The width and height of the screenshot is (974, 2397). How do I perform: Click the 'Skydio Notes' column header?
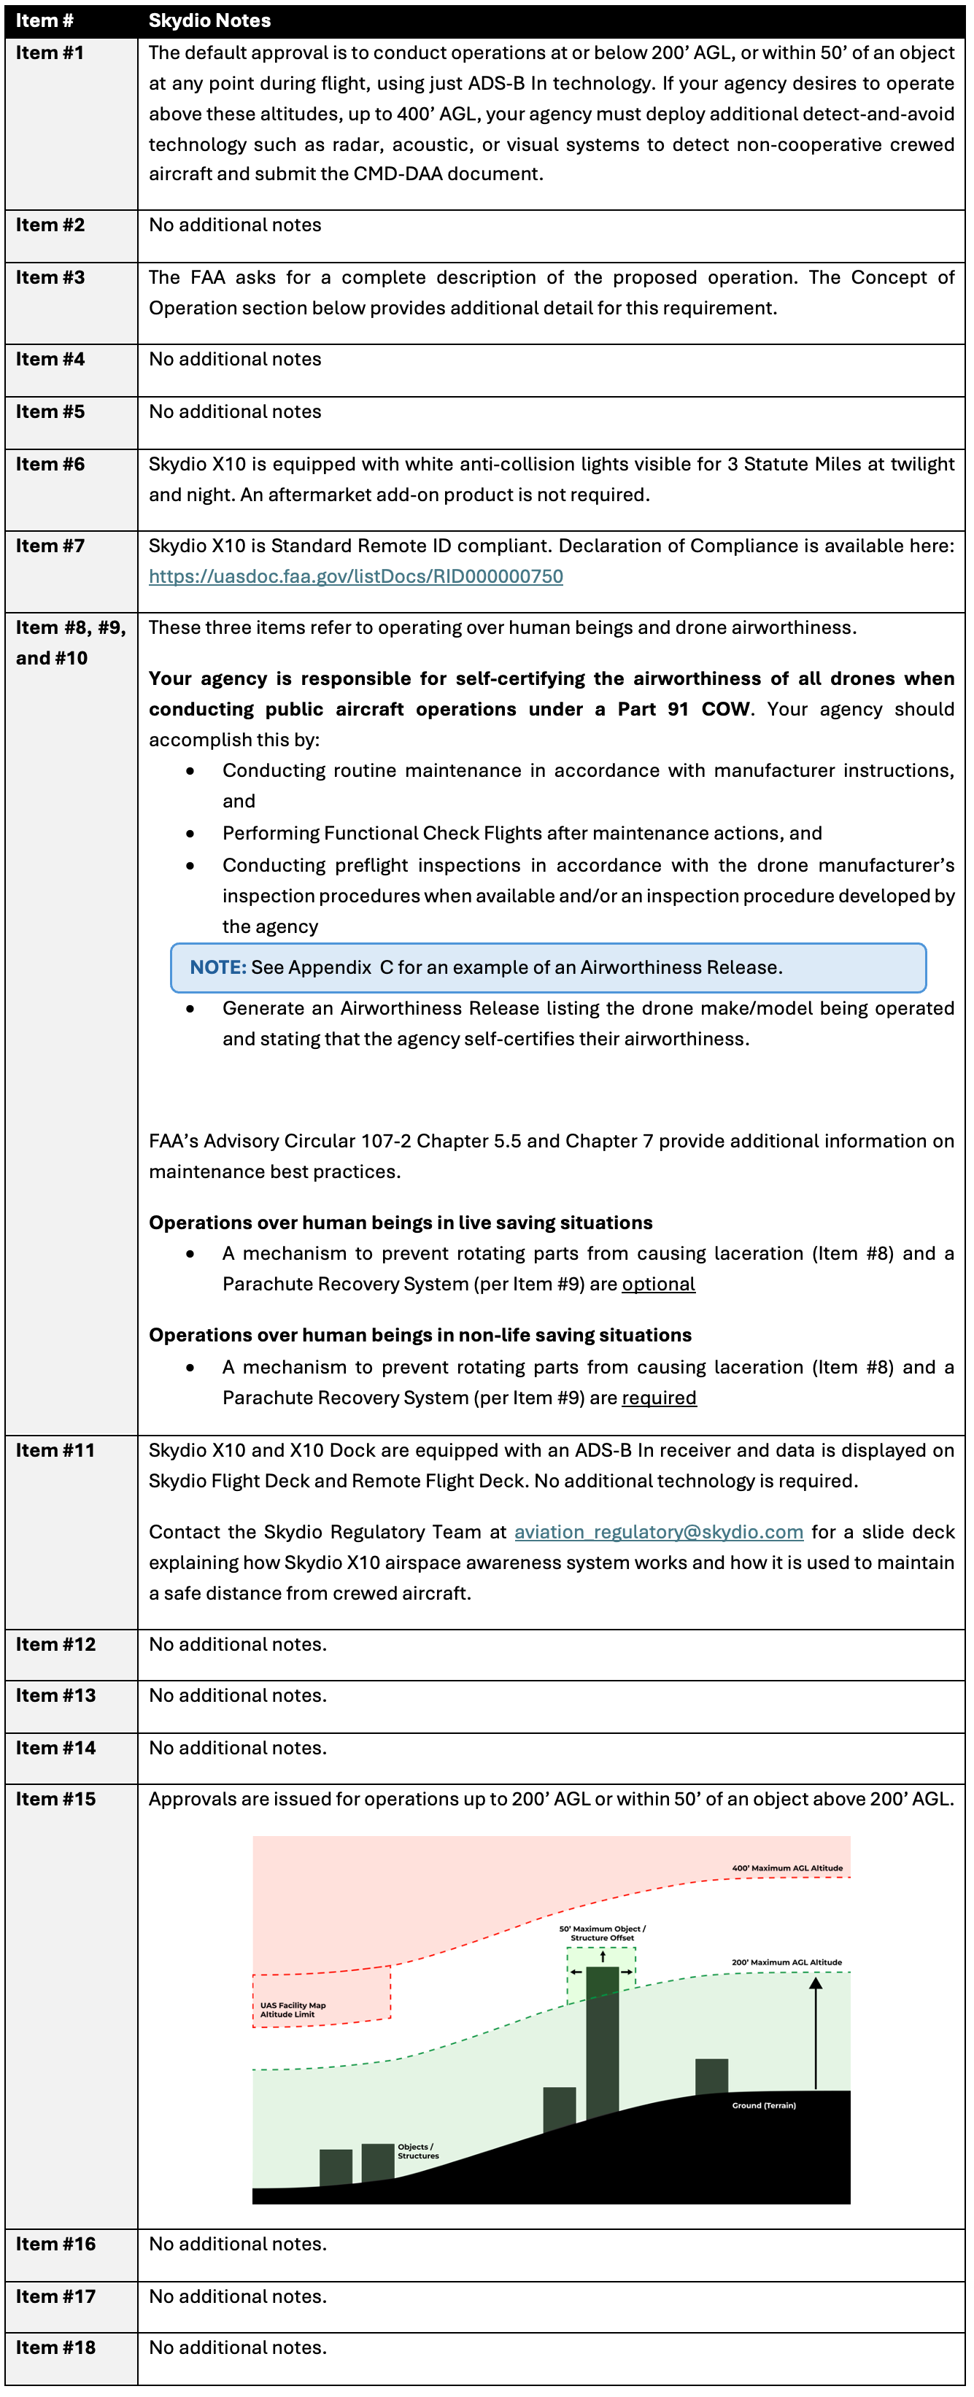(x=209, y=20)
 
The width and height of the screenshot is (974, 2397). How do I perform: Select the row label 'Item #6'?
(x=50, y=465)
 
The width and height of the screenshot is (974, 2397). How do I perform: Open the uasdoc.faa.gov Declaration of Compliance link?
(x=355, y=577)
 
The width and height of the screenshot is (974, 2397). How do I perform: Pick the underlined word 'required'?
(x=659, y=1398)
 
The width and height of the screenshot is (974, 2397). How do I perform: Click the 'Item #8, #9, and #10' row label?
(x=70, y=642)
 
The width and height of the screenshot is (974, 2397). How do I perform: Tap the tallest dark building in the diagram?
(x=602, y=2038)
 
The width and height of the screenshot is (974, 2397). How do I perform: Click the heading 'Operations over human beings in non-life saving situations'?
(x=420, y=1336)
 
